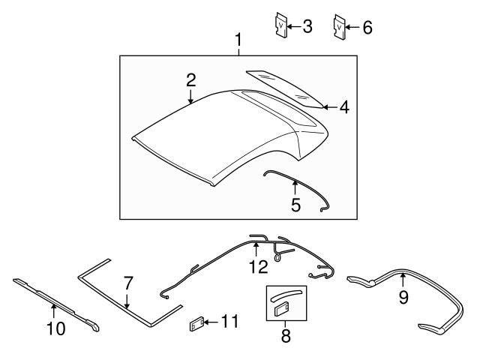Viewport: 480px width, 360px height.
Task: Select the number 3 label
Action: coord(307,27)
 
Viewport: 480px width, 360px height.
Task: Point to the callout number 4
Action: coord(344,107)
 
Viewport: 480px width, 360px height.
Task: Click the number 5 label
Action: coord(295,203)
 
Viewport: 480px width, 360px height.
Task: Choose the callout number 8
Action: coord(285,336)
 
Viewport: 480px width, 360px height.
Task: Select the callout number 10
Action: coord(56,328)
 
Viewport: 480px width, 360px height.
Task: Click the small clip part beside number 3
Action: coord(280,27)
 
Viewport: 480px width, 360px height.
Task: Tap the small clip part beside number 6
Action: coord(340,27)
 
